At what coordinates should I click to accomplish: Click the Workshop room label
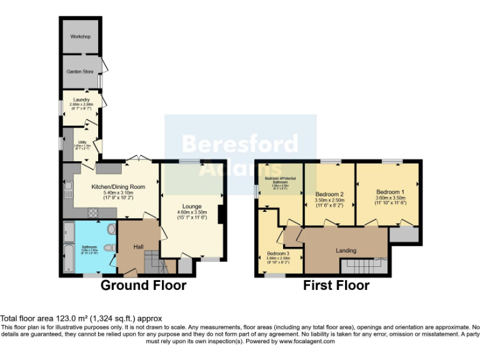(80, 37)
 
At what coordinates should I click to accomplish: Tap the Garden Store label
(80, 72)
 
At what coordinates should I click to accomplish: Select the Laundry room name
(81, 99)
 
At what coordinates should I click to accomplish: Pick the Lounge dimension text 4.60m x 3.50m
(191, 212)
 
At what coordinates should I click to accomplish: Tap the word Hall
(139, 247)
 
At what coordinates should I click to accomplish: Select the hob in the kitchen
(94, 212)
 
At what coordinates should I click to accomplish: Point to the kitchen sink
(67, 187)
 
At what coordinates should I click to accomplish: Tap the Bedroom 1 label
(390, 192)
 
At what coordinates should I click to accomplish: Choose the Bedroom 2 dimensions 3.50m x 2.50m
(329, 199)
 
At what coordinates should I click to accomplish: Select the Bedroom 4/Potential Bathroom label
(279, 181)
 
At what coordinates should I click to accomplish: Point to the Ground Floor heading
(144, 286)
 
